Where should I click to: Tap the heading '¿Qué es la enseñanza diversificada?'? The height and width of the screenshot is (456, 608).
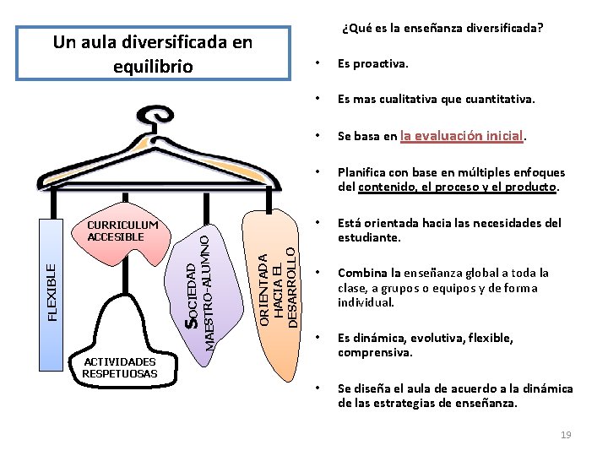pyautogui.click(x=442, y=28)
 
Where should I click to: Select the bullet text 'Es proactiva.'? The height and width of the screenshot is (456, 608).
pyautogui.click(x=372, y=63)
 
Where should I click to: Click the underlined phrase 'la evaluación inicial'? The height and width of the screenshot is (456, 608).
pyautogui.click(x=463, y=135)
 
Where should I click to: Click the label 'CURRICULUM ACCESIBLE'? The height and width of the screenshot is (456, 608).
pyautogui.click(x=122, y=231)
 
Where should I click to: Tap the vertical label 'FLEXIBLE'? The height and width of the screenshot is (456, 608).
pyautogui.click(x=52, y=292)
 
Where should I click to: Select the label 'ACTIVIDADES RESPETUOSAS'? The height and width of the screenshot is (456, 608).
pyautogui.click(x=120, y=367)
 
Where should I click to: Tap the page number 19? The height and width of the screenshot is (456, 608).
pyautogui.click(x=566, y=434)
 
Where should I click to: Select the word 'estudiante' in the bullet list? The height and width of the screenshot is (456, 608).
pyautogui.click(x=365, y=237)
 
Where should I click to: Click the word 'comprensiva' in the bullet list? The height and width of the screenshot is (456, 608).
pyautogui.click(x=374, y=352)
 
